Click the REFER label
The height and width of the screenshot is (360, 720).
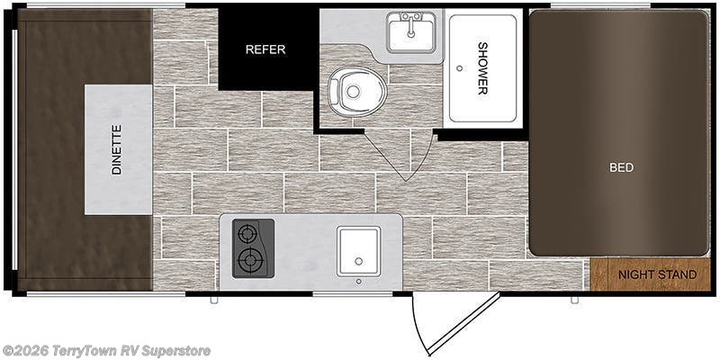point(265,49)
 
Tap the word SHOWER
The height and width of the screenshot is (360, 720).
point(482,68)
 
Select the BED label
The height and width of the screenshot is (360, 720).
point(621,167)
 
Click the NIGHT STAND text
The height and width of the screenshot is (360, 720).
point(658,275)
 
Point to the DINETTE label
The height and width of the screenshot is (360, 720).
point(117,149)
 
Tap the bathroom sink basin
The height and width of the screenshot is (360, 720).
point(411,32)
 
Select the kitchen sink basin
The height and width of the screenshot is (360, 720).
point(358,251)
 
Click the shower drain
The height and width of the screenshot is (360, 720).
point(459,68)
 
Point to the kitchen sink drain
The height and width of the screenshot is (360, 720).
point(358,261)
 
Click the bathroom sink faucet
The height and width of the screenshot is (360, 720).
point(411,24)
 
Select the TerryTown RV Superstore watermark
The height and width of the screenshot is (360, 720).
point(106,351)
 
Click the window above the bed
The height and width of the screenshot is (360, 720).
point(600,6)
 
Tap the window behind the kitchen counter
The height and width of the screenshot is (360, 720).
point(353,293)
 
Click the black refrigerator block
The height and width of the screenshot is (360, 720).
point(268,49)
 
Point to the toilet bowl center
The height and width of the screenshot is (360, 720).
point(353,92)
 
